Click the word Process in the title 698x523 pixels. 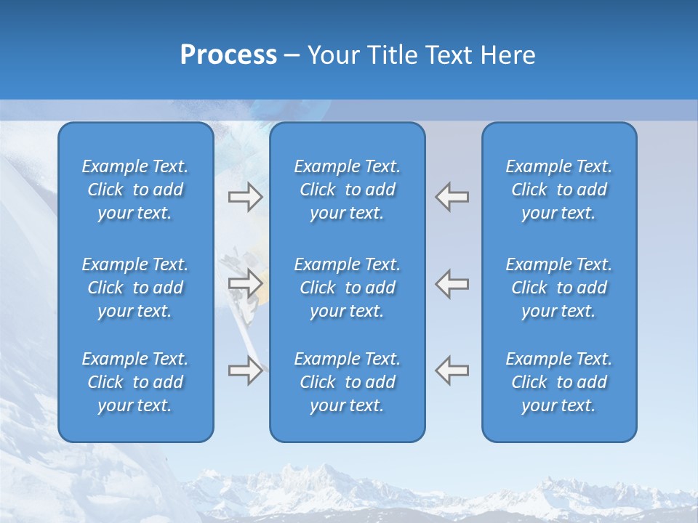point(228,55)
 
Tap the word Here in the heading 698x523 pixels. point(508,55)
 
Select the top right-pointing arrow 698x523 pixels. point(245,197)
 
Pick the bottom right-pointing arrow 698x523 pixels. point(245,370)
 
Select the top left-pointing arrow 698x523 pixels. point(452,197)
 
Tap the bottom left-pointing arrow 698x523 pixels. point(452,370)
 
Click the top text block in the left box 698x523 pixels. point(135,190)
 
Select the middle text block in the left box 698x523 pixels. point(135,288)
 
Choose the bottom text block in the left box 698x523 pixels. point(135,382)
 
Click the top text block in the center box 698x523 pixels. point(347,190)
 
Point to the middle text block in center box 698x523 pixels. point(347,288)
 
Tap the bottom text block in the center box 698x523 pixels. point(347,382)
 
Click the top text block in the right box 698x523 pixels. point(558,190)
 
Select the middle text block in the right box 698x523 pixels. point(558,288)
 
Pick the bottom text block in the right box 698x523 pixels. point(558,382)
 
